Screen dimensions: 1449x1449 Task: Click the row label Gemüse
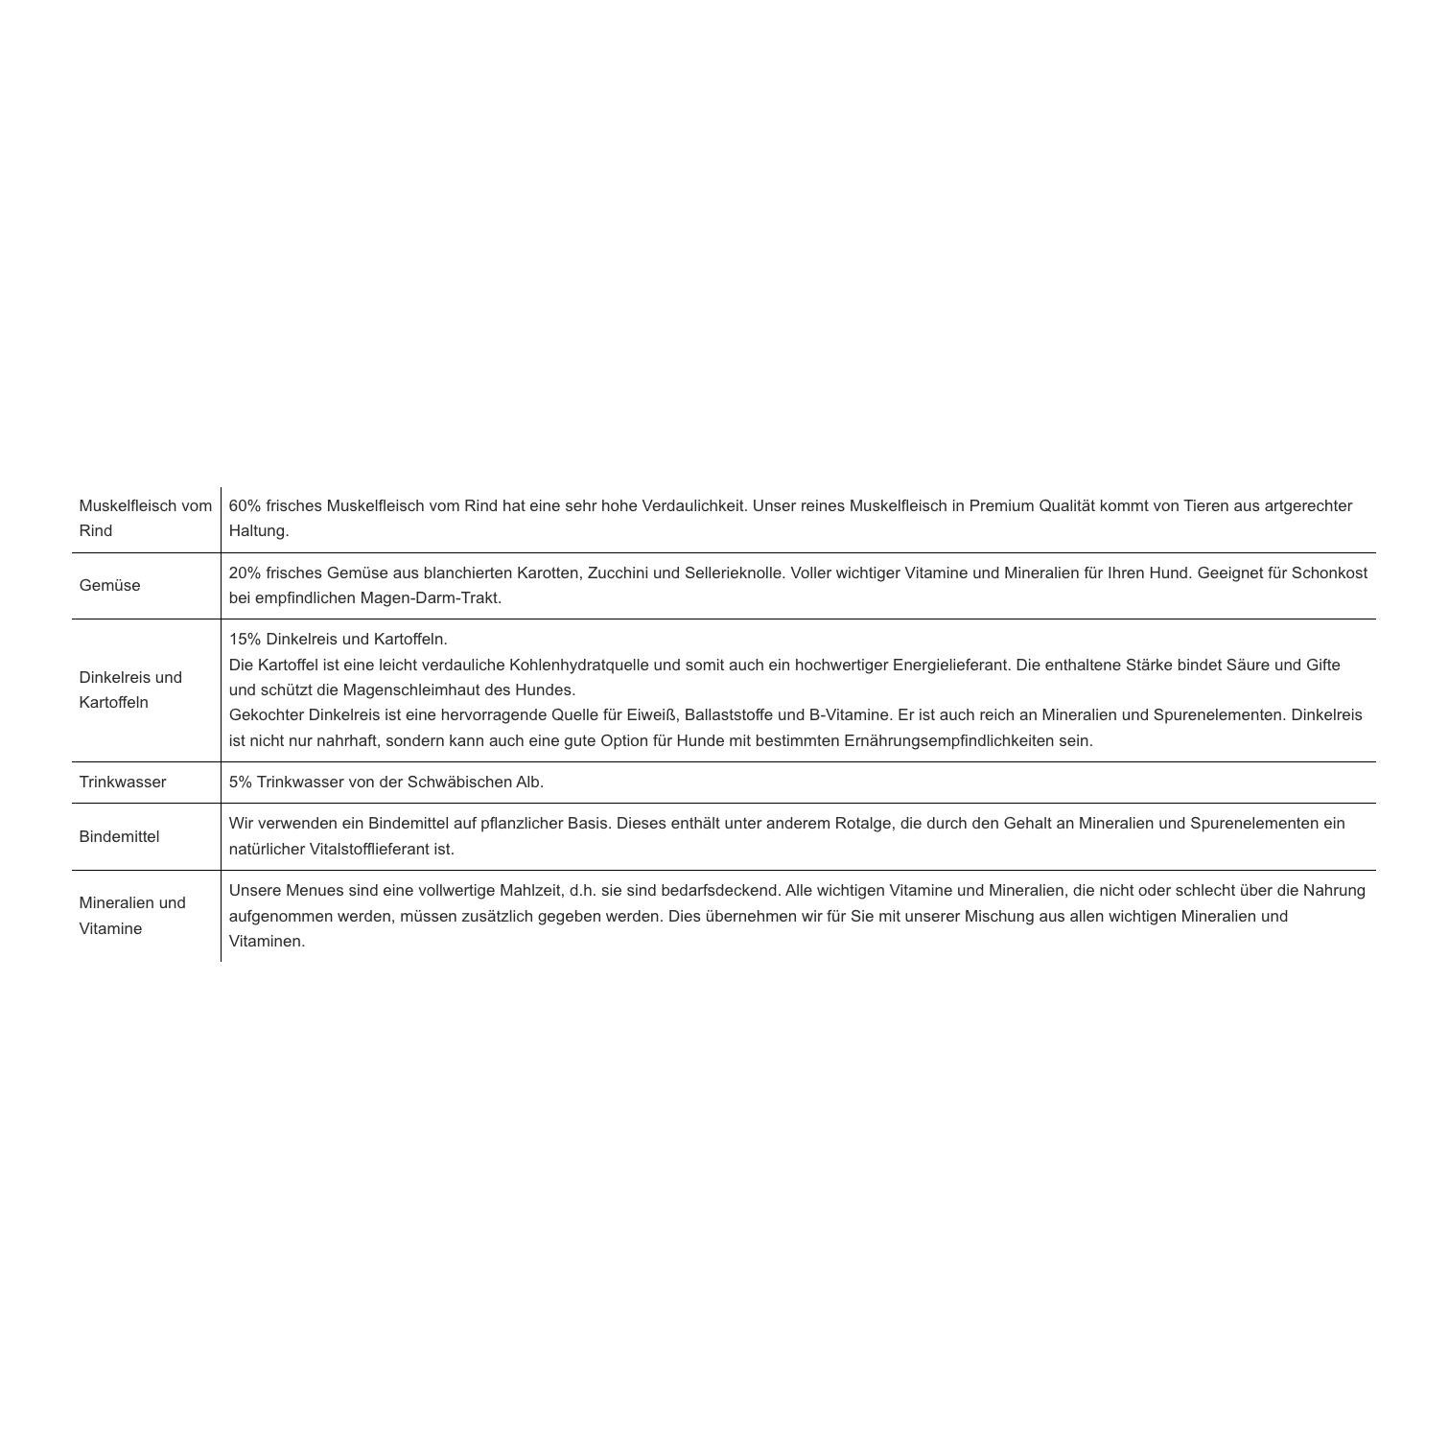point(109,585)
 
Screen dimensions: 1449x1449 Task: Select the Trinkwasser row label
point(122,782)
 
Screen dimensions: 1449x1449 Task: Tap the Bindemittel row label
point(119,836)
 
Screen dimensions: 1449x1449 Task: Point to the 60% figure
point(245,505)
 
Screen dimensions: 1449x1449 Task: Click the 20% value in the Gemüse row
point(245,573)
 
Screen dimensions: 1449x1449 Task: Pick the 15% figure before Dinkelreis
point(245,639)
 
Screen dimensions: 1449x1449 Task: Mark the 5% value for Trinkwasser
point(240,782)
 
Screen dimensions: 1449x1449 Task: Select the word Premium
point(1001,505)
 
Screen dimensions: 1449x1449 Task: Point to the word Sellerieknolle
point(734,573)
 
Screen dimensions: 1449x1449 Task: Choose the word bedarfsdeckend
point(720,890)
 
